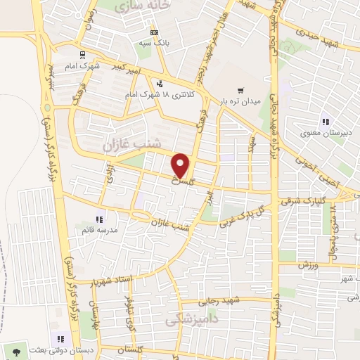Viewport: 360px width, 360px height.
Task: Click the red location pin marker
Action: coord(181,165)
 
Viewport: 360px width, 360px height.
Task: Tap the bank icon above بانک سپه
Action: coord(155,32)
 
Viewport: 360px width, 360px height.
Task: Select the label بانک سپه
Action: coord(155,42)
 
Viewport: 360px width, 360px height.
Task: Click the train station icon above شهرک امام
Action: coord(82,55)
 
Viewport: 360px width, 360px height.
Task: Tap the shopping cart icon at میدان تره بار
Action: coord(240,90)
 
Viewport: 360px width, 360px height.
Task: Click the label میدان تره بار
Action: coord(241,101)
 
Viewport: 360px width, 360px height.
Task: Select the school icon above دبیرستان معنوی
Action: coord(325,121)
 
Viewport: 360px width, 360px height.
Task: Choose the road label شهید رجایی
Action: coord(221,301)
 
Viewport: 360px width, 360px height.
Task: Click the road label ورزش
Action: coord(309,265)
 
